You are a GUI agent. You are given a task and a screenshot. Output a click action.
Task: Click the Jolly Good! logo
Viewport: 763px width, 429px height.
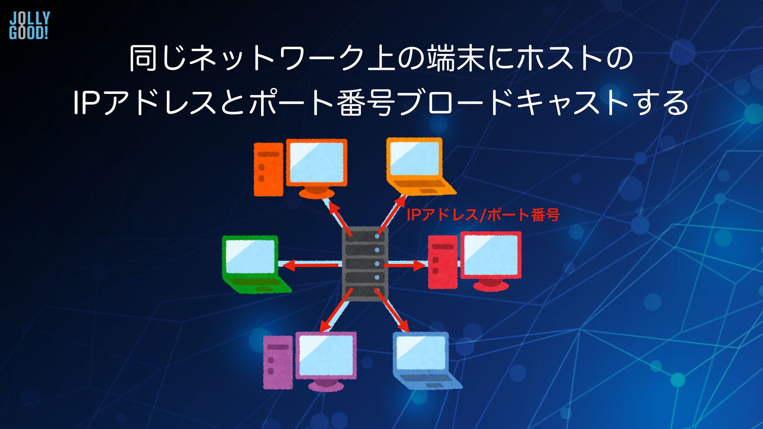click(29, 25)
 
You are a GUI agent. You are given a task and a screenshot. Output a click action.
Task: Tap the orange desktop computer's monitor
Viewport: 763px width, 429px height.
click(316, 163)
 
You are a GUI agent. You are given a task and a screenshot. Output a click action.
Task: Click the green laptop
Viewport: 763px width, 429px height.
click(254, 264)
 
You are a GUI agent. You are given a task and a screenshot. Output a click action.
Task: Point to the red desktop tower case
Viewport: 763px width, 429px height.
click(443, 262)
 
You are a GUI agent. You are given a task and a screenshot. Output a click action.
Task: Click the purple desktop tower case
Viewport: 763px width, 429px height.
click(278, 362)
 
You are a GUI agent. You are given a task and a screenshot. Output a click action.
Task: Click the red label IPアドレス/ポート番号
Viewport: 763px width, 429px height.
click(483, 215)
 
